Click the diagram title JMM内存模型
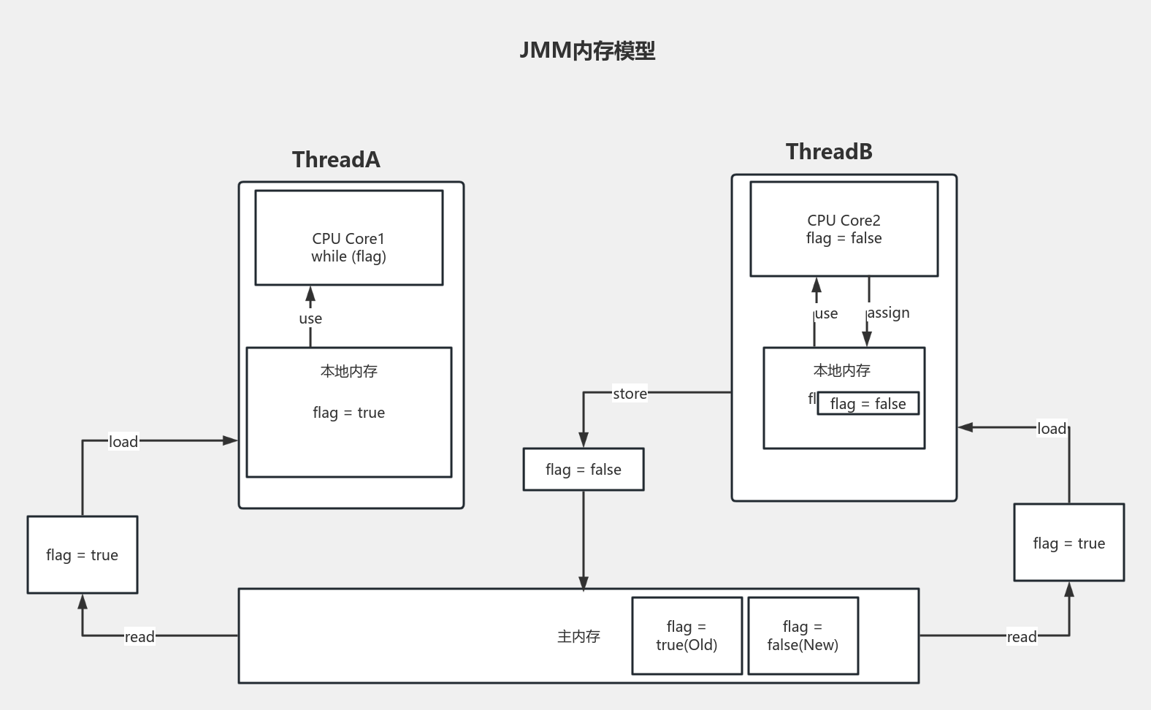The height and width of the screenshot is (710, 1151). coord(587,51)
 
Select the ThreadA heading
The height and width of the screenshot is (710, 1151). coord(336,160)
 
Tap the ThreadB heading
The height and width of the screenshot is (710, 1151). coord(829,152)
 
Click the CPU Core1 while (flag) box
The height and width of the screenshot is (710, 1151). coord(348,238)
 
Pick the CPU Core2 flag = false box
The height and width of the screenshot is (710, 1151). coord(844,229)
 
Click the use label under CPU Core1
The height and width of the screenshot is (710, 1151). coord(310,318)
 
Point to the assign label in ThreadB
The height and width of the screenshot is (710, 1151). coord(888,313)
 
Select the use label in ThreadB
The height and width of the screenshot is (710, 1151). coord(826,313)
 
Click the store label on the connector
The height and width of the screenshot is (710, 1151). coord(630,394)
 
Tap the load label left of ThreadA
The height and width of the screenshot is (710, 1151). coord(123,441)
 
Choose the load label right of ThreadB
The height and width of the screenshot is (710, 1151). coord(1052,429)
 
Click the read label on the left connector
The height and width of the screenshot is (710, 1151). coord(139,636)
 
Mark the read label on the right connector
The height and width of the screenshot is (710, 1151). coord(1021,636)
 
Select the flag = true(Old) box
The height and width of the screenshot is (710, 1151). coord(687,635)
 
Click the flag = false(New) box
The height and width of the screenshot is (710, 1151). coord(803,635)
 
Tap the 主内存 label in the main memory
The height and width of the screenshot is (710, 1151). coord(578,636)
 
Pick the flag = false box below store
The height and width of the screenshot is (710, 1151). coord(583,470)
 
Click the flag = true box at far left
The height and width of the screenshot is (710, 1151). coord(82,555)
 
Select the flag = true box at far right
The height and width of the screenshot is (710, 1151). coord(1068,543)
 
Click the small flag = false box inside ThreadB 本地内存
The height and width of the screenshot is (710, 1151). coord(868,404)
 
